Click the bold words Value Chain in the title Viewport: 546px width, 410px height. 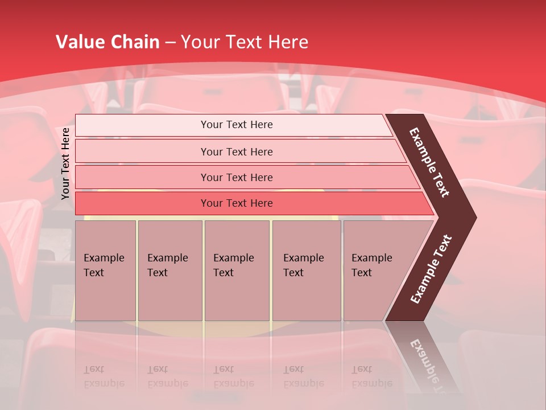coord(107,42)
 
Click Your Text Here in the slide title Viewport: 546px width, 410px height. coord(245,42)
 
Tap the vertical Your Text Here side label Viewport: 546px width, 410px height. coord(65,163)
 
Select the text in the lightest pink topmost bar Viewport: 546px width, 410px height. coord(237,125)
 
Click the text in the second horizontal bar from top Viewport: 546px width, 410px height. coord(237,152)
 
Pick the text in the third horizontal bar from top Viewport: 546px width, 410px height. coord(237,178)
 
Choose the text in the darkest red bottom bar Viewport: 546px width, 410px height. coord(237,203)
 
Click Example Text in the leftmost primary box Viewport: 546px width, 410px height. coord(104,265)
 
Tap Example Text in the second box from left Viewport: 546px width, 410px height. coord(167,265)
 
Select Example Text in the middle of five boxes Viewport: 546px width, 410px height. coord(233,265)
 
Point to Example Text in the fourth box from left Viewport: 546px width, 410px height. coord(303,265)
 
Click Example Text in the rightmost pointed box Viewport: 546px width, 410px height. coord(371,265)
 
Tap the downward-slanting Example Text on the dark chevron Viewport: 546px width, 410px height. coord(429,162)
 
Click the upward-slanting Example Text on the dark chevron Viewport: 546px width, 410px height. coord(431,269)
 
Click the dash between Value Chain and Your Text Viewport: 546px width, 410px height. coord(170,42)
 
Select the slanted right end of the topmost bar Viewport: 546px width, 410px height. coord(388,125)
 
